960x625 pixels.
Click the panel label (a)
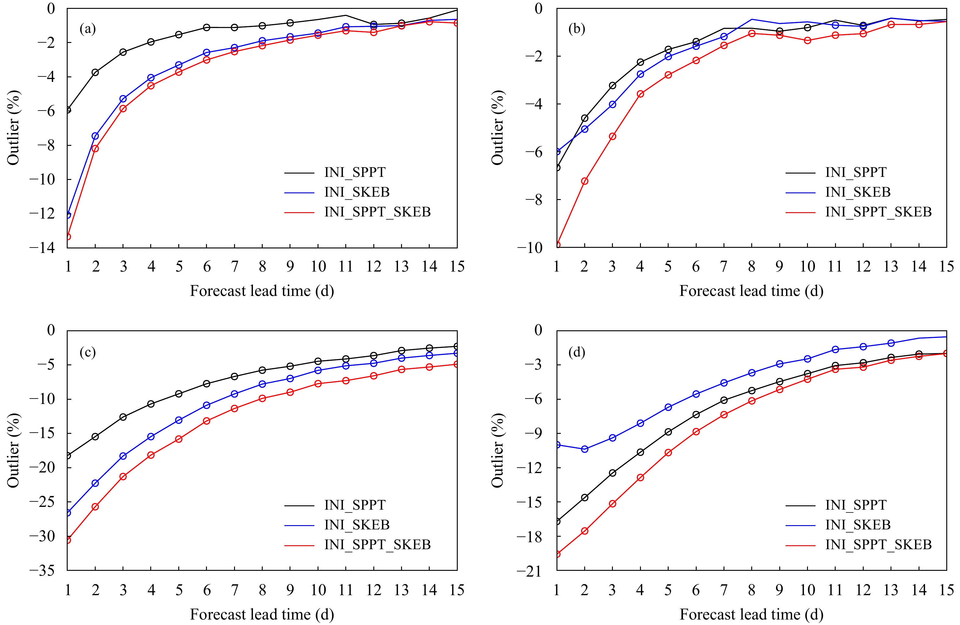(87, 29)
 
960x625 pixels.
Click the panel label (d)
(576, 352)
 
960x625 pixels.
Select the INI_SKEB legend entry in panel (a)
(357, 192)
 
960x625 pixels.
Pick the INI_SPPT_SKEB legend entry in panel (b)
(878, 212)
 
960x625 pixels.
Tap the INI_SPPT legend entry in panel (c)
(354, 505)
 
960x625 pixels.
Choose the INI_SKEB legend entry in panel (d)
(858, 525)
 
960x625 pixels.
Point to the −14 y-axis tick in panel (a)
(42, 248)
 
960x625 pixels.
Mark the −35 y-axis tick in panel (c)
(42, 570)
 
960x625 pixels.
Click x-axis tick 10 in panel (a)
(318, 266)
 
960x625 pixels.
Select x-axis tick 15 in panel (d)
(946, 590)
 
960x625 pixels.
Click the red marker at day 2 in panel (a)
(95, 149)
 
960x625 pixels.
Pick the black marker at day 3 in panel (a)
(123, 52)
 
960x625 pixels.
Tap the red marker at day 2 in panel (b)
(585, 181)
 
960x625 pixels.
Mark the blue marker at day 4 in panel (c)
(151, 437)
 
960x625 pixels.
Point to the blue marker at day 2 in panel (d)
(585, 449)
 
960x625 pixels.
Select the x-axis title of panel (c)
(262, 615)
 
